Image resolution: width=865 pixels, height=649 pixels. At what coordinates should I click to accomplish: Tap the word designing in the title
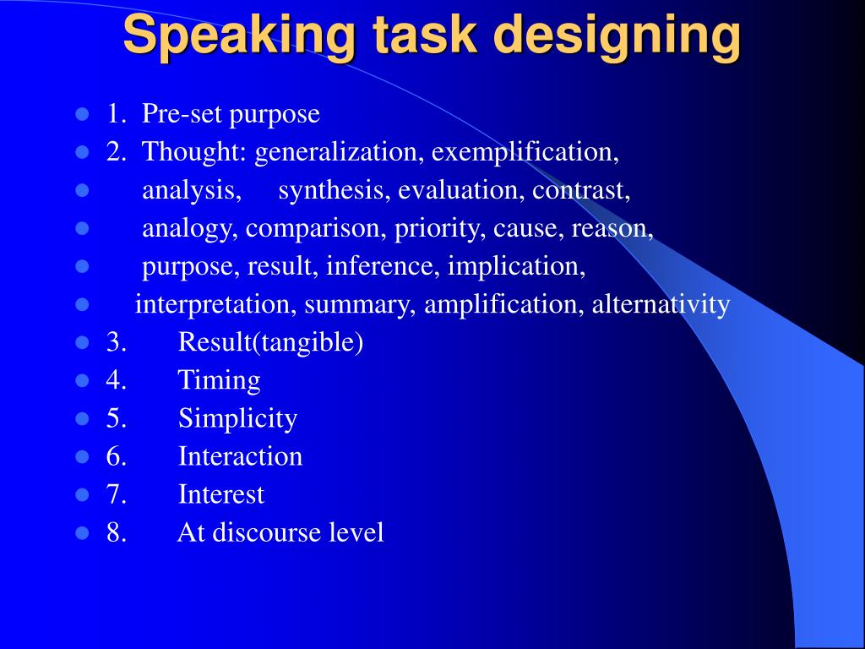(x=617, y=35)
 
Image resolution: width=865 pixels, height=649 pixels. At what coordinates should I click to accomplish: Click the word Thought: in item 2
(x=195, y=152)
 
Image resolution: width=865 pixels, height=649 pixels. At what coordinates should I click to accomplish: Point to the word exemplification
(x=525, y=152)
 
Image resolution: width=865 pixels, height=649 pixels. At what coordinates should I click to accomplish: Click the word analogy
(x=191, y=228)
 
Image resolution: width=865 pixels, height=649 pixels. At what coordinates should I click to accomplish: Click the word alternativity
(x=661, y=304)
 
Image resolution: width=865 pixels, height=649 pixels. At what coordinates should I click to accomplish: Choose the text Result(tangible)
(x=270, y=342)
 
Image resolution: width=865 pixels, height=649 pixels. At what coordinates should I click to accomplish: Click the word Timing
(x=219, y=380)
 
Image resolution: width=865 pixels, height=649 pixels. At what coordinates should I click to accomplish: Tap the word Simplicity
(x=237, y=418)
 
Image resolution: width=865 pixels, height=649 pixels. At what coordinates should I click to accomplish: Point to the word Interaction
(x=240, y=456)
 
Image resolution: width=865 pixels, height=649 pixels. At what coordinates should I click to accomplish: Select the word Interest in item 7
(x=221, y=494)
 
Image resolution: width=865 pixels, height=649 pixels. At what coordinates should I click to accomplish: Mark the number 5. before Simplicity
(x=117, y=418)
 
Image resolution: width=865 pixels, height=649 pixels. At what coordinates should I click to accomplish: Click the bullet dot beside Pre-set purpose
(x=83, y=114)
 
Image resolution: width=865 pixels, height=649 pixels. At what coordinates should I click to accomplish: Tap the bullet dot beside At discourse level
(x=83, y=533)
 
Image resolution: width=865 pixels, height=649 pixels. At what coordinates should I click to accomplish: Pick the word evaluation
(x=462, y=190)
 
